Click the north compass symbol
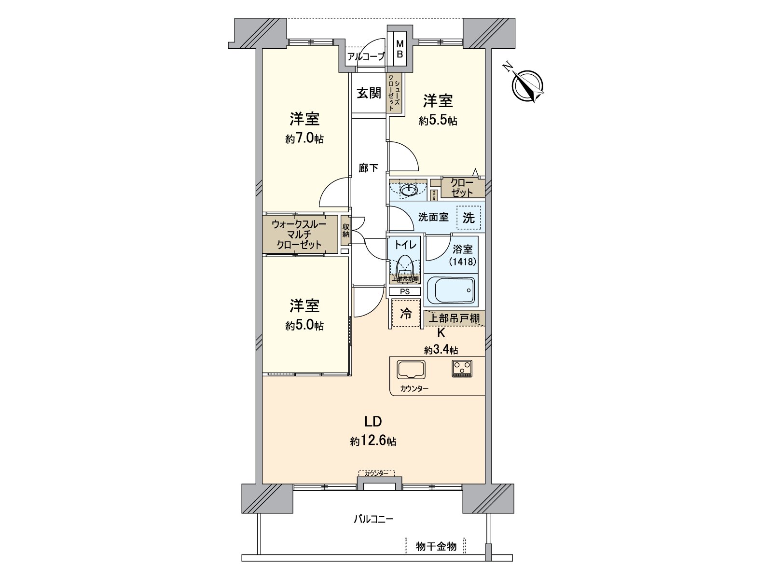tap(528, 85)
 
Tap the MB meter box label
tap(400, 49)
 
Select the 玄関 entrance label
tap(369, 93)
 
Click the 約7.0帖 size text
tap(304, 139)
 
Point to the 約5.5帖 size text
tap(438, 121)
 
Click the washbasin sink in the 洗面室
tap(409, 190)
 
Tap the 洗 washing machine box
tap(469, 218)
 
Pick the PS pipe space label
tap(404, 291)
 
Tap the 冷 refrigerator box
tap(406, 314)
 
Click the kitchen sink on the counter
tap(411, 370)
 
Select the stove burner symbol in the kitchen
tap(463, 369)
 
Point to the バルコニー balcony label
tap(373, 519)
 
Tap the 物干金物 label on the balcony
tap(436, 546)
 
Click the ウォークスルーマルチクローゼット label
tap(299, 234)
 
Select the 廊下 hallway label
tap(369, 168)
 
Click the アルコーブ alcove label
tap(366, 56)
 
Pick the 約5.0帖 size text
tap(304, 326)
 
